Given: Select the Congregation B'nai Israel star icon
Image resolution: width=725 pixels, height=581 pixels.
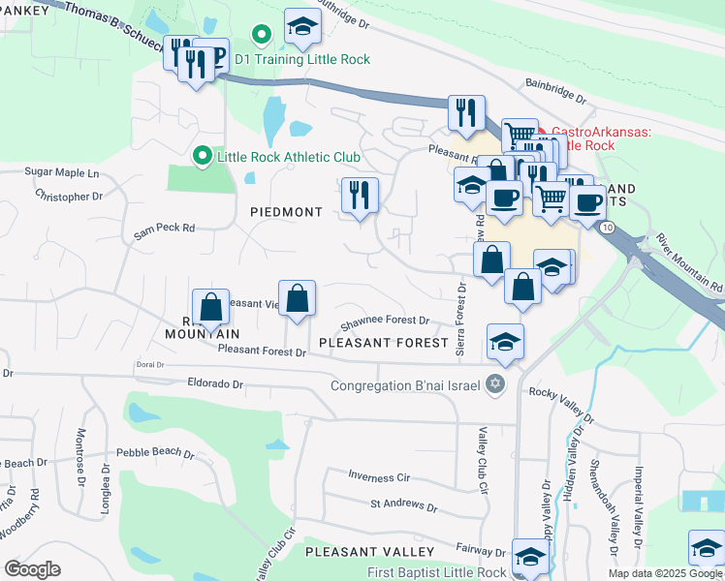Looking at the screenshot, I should pyautogui.click(x=495, y=384).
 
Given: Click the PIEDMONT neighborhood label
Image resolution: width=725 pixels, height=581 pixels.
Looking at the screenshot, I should pyautogui.click(x=286, y=212).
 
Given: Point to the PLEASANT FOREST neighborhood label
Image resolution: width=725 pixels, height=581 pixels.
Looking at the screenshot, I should pyautogui.click(x=383, y=343).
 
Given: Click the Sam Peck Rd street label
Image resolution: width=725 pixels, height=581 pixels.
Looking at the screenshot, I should pyautogui.click(x=165, y=229).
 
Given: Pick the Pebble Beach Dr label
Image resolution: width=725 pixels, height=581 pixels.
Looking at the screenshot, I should pyautogui.click(x=155, y=452).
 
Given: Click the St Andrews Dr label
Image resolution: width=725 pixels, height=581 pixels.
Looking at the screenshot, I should pyautogui.click(x=403, y=505).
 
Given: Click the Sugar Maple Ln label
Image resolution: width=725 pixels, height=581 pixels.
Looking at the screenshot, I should pyautogui.click(x=62, y=172).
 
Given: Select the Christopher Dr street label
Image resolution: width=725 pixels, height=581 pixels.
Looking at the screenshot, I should pyautogui.click(x=69, y=196).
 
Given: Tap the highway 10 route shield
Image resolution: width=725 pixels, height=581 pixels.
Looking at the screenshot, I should pyautogui.click(x=605, y=226).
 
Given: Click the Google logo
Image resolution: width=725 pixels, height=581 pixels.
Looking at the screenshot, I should pyautogui.click(x=32, y=568).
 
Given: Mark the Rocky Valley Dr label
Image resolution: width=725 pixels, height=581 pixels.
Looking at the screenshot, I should pyautogui.click(x=561, y=392).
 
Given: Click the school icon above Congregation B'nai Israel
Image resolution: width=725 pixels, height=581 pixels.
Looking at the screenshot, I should pyautogui.click(x=505, y=342).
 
